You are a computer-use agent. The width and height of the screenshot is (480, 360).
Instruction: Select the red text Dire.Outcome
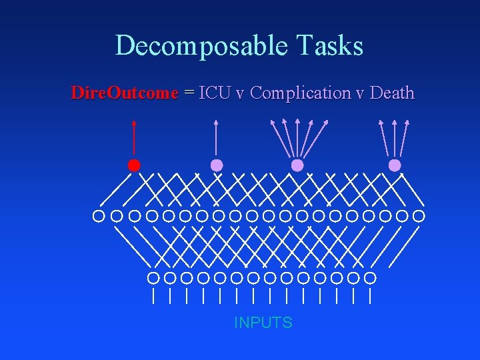tap(125, 93)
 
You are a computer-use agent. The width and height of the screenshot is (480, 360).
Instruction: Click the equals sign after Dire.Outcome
tap(188, 93)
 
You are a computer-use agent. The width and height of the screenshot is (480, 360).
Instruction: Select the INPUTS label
tap(263, 323)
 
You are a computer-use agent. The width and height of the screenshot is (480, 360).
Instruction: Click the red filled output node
tap(134, 165)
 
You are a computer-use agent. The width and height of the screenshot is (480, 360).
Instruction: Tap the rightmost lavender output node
tap(395, 165)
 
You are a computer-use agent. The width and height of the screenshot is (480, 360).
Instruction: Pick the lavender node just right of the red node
tap(217, 165)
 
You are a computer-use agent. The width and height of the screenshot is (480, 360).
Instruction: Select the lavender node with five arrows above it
tap(297, 165)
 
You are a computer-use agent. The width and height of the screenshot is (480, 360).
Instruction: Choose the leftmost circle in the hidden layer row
tap(99, 216)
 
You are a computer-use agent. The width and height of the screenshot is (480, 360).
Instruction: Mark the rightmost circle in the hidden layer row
tap(419, 216)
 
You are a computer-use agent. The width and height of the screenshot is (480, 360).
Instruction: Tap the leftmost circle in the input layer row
tap(153, 277)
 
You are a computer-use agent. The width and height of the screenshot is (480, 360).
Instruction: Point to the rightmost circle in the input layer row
tap(370, 277)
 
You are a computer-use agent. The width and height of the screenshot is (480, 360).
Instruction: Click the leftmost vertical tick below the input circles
tap(153, 295)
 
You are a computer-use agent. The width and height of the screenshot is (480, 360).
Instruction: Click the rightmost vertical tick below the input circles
tap(370, 295)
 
